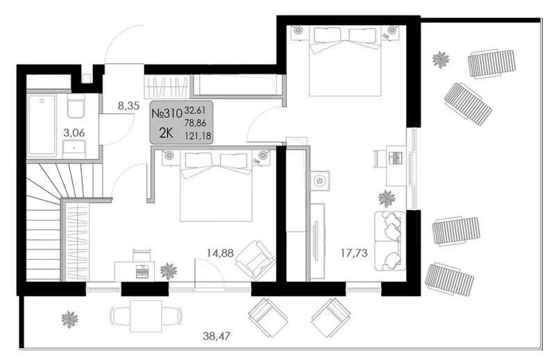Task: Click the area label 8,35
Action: [x=128, y=105]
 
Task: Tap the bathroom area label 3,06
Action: [x=74, y=133]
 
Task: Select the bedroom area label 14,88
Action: [x=220, y=253]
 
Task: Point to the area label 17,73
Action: [x=354, y=253]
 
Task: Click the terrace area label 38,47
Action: [x=217, y=336]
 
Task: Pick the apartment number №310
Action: [x=167, y=113]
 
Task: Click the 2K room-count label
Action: [x=166, y=133]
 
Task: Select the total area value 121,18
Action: [x=198, y=135]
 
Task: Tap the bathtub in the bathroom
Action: [x=42, y=125]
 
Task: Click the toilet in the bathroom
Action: [x=76, y=106]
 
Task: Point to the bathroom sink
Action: [x=74, y=149]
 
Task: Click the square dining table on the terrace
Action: [x=146, y=316]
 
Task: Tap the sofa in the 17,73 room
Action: [x=390, y=241]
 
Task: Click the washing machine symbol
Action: [x=320, y=181]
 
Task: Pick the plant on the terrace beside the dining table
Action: [x=69, y=319]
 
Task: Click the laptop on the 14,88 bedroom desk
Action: [x=142, y=271]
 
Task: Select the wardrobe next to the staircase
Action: [x=77, y=241]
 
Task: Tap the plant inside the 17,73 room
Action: [x=387, y=198]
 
